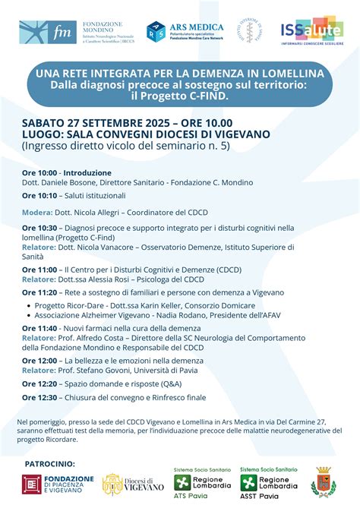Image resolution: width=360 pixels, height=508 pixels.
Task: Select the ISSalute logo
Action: (x=311, y=32)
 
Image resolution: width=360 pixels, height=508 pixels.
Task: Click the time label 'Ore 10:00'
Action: (x=39, y=173)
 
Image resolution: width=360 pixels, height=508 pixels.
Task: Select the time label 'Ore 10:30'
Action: (x=39, y=227)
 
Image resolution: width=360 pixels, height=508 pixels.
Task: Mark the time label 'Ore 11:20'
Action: (x=39, y=292)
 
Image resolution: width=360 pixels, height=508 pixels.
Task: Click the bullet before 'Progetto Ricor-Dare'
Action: (x=29, y=305)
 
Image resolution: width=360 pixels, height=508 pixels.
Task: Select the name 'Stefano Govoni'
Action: (x=104, y=371)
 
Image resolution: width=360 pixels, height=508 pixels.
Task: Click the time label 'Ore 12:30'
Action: (x=39, y=396)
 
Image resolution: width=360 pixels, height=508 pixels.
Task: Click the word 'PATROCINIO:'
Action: (x=50, y=463)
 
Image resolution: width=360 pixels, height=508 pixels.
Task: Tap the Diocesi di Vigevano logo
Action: (x=133, y=484)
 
